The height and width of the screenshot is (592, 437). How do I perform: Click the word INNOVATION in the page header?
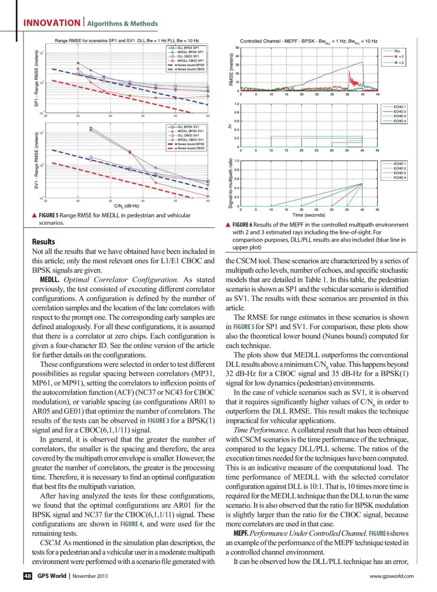(x=52, y=23)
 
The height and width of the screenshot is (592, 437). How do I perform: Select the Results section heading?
(x=43, y=242)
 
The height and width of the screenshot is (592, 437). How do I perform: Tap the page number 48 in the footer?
(x=28, y=576)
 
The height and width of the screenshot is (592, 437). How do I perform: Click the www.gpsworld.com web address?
(x=391, y=576)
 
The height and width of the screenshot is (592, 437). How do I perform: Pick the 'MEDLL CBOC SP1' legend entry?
(x=190, y=61)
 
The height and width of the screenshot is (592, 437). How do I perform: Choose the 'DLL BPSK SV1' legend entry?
(x=188, y=127)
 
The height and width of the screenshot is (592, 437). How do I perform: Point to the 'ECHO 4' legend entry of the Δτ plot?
(x=399, y=121)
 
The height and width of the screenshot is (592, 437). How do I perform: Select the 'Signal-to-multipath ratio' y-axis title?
(x=231, y=183)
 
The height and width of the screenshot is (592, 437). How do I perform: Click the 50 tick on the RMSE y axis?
(x=237, y=48)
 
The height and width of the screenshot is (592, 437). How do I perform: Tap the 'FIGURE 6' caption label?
(x=242, y=225)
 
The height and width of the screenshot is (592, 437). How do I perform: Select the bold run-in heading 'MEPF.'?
(x=241, y=533)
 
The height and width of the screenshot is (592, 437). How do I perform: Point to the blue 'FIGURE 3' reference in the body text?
(x=158, y=421)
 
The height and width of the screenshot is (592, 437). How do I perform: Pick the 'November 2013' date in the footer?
(x=90, y=576)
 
